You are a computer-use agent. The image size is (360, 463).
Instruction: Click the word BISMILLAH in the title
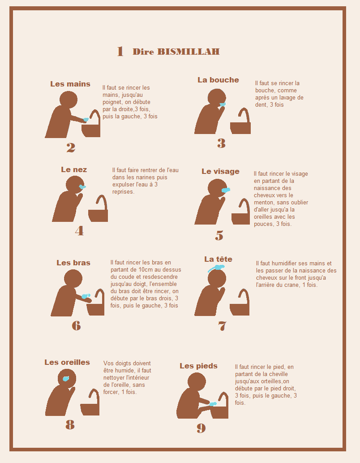click(189, 52)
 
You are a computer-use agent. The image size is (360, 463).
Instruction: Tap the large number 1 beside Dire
click(120, 52)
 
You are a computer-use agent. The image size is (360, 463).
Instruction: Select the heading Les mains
click(70, 84)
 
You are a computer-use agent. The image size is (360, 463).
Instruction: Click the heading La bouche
click(218, 80)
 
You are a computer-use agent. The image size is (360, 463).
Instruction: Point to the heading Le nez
click(74, 169)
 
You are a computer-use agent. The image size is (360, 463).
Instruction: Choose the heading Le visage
click(220, 172)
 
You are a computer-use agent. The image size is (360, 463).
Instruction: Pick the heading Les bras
click(73, 263)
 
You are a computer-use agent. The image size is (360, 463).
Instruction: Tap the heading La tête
click(218, 259)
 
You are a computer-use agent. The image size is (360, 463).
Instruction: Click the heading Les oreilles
click(67, 362)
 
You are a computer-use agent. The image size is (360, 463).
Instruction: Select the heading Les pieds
click(198, 366)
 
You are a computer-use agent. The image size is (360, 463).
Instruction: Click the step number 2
click(71, 147)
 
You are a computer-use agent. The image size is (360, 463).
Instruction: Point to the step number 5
click(219, 235)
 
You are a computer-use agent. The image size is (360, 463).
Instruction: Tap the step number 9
click(201, 428)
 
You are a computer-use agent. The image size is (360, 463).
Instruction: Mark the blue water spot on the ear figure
click(66, 379)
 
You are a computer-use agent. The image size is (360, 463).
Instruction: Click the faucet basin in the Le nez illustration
click(98, 215)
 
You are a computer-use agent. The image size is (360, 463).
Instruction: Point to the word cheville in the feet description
click(278, 374)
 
